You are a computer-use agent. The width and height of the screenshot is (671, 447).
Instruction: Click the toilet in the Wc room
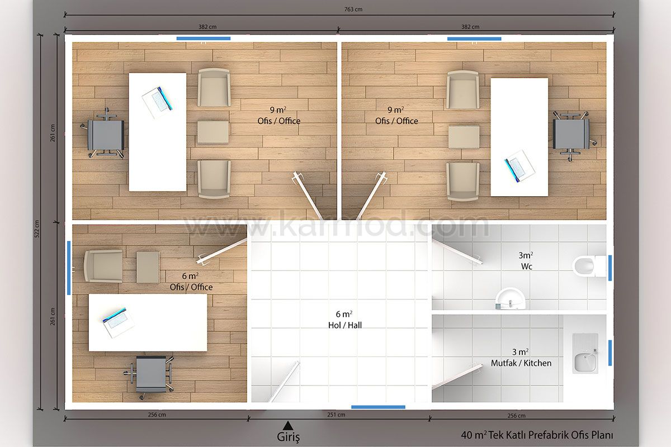pyautogui.click(x=589, y=266)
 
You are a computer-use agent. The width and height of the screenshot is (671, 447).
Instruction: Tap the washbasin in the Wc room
pyautogui.click(x=510, y=299)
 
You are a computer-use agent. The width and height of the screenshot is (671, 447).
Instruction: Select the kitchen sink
pyautogui.click(x=585, y=353)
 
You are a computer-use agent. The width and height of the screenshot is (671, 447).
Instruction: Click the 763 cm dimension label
pyautogui.click(x=353, y=9)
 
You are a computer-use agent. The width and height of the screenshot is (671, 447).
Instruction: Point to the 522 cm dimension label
pyautogui.click(x=36, y=229)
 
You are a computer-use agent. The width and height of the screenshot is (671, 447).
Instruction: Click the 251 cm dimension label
pyautogui.click(x=336, y=415)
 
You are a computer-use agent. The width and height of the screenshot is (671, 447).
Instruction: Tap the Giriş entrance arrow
pyautogui.click(x=288, y=425)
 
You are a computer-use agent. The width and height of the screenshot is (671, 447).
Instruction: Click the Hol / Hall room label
pyautogui.click(x=345, y=325)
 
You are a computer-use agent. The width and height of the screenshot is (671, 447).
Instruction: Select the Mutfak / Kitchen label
pyautogui.click(x=521, y=363)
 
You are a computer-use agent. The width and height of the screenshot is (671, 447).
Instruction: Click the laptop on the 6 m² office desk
pyautogui.click(x=119, y=322)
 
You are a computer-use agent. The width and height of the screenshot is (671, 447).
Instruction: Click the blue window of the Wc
pyautogui.click(x=610, y=268)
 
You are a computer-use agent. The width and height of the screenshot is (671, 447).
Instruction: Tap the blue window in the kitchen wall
pyautogui.click(x=610, y=353)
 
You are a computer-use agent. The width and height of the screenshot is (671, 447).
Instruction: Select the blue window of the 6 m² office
pyautogui.click(x=69, y=268)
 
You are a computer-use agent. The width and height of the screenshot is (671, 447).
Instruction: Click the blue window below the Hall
pyautogui.click(x=378, y=407)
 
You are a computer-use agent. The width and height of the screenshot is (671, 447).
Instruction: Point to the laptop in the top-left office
pyautogui.click(x=158, y=102)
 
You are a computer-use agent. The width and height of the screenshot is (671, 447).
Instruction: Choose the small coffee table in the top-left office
pyautogui.click(x=213, y=132)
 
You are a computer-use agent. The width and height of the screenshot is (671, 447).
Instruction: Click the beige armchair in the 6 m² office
pyautogui.click(x=103, y=266)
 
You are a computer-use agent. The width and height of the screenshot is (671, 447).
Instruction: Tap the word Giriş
pyautogui.click(x=288, y=437)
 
